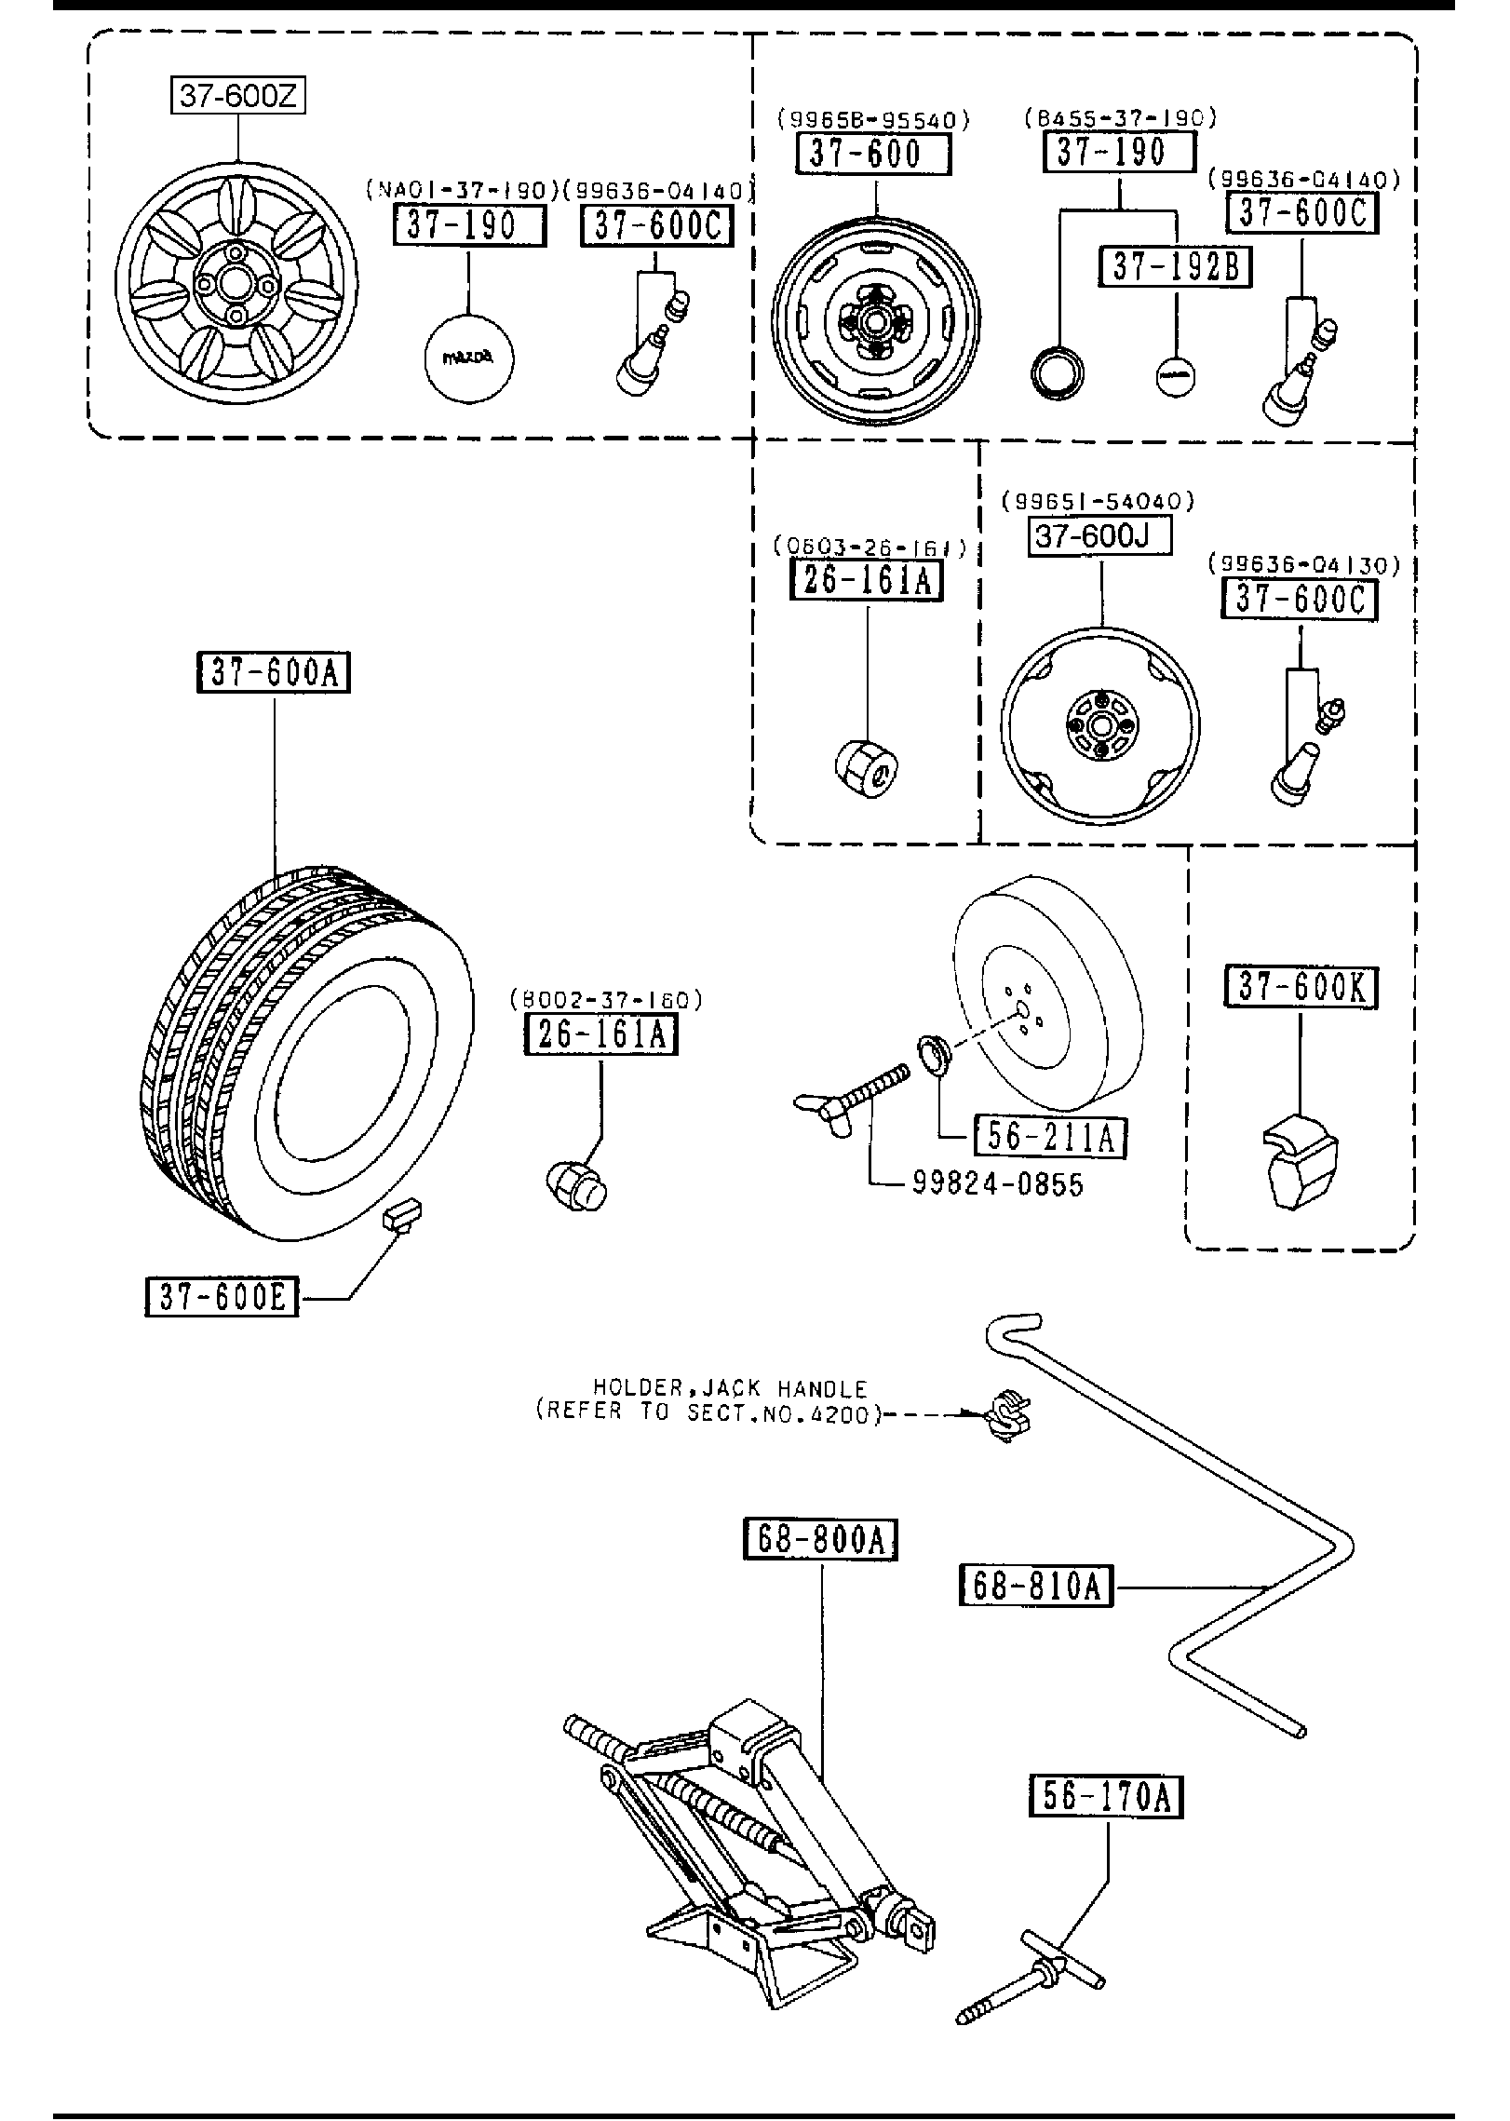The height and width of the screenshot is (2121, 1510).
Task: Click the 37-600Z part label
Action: [x=238, y=95]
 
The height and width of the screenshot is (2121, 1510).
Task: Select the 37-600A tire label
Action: [x=274, y=673]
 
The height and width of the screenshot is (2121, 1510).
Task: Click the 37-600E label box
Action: [x=222, y=1297]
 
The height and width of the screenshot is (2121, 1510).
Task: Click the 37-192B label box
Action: [x=1176, y=267]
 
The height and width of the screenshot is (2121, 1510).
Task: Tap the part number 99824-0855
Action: [x=997, y=1184]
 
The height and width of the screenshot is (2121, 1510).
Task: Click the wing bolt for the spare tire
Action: [x=848, y=1099]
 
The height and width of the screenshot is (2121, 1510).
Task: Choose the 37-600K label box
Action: [x=1301, y=988]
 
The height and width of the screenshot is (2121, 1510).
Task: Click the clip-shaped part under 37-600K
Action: [x=1299, y=1159]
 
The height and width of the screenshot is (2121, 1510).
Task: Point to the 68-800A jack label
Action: [x=820, y=1539]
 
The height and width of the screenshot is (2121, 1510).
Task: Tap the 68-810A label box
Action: [x=1036, y=1586]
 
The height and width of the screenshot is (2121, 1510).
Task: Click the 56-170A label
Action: [x=1106, y=1796]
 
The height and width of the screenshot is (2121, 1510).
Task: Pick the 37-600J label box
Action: [x=1099, y=537]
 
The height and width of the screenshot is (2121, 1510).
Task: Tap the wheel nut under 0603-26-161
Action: [x=866, y=766]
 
